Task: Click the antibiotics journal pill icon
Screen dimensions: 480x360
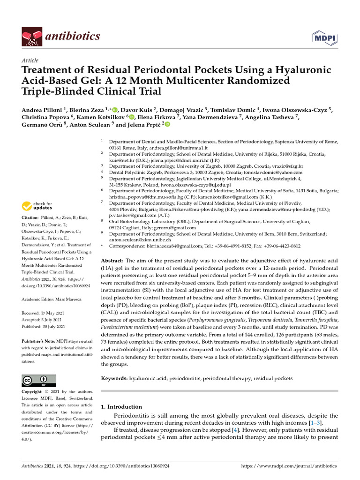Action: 31,37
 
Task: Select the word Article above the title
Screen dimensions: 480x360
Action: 30,61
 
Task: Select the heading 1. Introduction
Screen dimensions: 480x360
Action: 121,407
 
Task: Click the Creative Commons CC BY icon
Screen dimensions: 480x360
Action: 39,380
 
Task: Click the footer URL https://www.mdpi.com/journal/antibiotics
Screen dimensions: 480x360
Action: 289,466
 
